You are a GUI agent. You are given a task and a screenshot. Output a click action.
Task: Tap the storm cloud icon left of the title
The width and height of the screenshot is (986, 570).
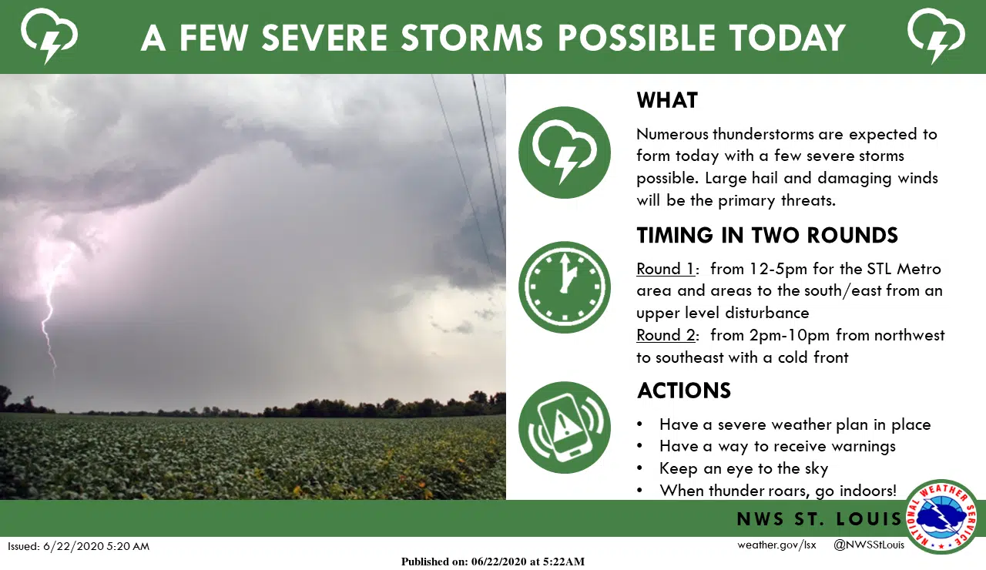pos(47,35)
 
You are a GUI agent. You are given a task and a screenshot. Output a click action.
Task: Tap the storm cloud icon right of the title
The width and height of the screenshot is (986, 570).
pos(936,35)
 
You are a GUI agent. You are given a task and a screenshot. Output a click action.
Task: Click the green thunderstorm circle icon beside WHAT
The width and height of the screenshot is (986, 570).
pos(565,153)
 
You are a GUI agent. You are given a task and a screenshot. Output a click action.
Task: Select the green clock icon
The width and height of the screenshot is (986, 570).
pos(565,287)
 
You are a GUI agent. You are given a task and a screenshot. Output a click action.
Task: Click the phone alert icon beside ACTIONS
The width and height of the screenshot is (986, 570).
pos(565,427)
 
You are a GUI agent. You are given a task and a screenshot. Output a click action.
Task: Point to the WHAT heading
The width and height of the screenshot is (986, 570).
pos(667,101)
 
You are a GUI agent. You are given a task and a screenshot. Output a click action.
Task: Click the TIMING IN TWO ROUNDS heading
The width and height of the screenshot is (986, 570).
pos(767,235)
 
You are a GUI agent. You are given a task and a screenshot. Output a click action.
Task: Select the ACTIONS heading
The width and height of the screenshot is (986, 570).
pos(684,391)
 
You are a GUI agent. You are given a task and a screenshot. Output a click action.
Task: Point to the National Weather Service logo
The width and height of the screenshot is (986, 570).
pos(941,516)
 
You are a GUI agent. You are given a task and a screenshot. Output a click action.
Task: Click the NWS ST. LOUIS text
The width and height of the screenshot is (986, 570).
pos(818,519)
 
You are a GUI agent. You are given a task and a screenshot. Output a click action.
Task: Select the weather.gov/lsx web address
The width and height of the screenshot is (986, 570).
pos(776,545)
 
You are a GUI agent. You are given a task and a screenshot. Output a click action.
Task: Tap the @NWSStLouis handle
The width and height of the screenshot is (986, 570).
pos(869,545)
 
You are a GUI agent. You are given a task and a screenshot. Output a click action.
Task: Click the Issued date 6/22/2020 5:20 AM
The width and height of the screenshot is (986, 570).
pos(79,546)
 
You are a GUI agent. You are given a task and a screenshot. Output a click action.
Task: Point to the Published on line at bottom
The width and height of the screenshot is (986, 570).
pos(493,562)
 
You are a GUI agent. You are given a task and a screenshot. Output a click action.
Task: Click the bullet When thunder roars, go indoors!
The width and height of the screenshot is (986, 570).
pos(778,490)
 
